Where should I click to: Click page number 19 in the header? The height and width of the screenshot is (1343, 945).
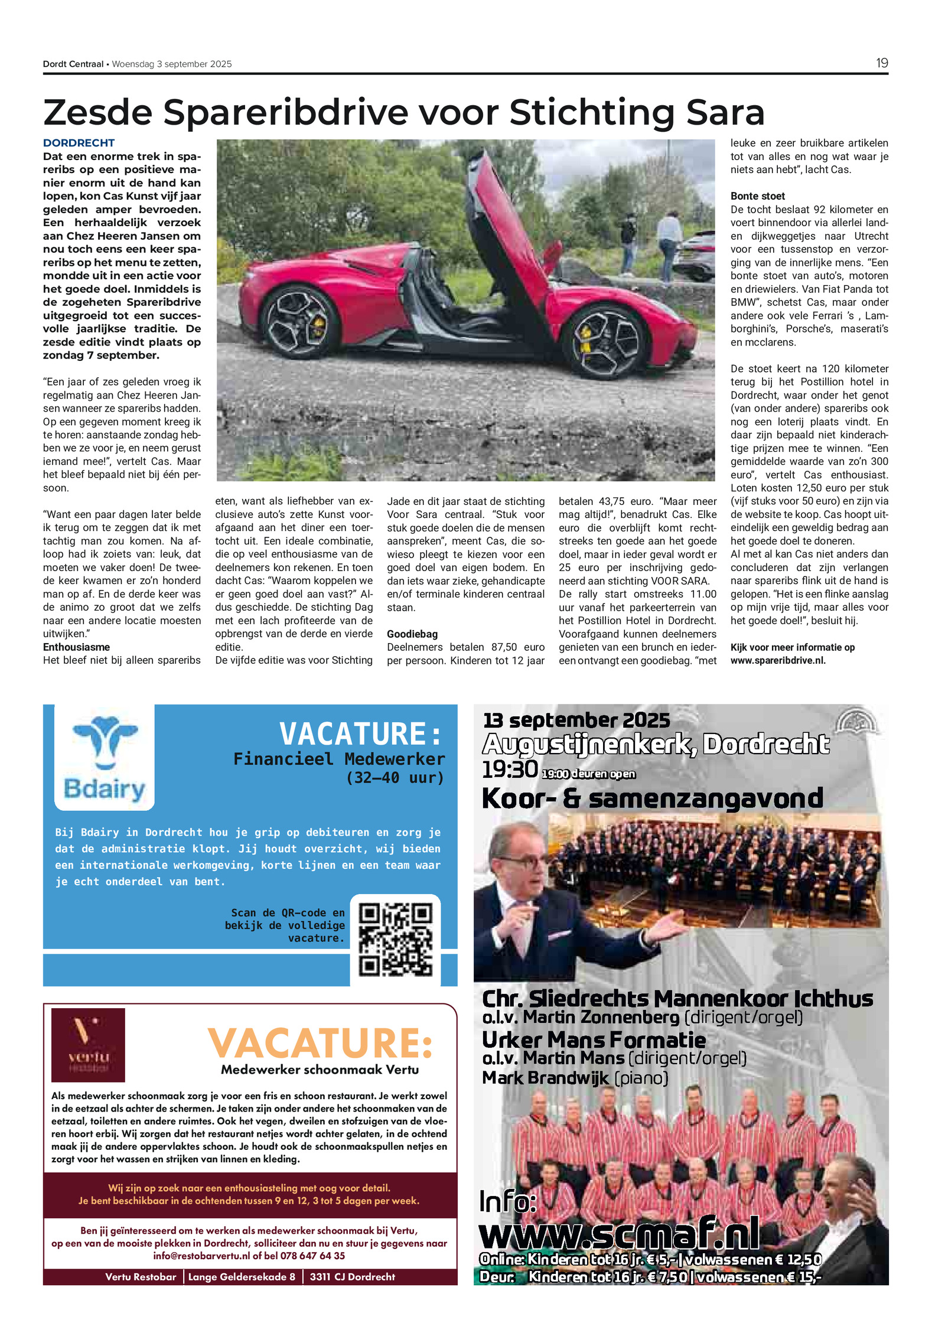(x=881, y=63)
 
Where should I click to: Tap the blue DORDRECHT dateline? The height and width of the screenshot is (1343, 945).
(x=79, y=143)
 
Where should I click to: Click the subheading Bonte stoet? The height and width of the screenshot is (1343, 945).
(x=758, y=196)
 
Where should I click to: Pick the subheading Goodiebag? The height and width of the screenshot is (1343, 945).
(x=412, y=634)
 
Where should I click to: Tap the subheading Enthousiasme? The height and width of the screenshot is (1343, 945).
(x=76, y=647)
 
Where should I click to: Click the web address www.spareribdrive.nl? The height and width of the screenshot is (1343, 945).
(x=778, y=660)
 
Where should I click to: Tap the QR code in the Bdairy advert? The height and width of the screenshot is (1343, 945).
(x=395, y=940)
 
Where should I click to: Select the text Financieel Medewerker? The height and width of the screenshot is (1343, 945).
(x=339, y=759)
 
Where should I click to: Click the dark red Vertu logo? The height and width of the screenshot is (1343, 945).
(x=88, y=1044)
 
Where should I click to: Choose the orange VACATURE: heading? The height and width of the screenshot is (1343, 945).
(x=320, y=1043)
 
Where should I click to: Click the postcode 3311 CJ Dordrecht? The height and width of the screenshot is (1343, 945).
(x=352, y=1276)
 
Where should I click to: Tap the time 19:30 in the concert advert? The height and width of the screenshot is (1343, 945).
(x=510, y=770)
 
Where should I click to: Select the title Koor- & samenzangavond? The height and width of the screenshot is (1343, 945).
(x=652, y=798)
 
